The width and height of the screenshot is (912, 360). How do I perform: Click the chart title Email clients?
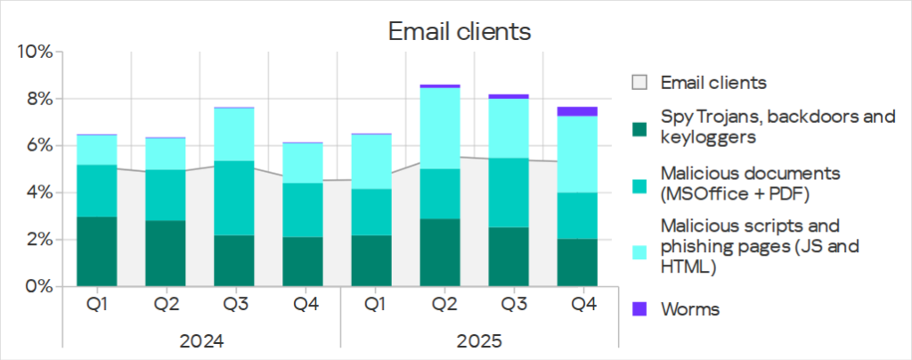(460, 32)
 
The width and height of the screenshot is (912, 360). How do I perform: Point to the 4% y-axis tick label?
(37, 193)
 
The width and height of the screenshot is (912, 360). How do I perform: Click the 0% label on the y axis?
(37, 287)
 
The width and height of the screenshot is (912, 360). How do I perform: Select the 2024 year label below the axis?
(200, 340)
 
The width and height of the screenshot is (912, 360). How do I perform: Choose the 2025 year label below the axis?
(479, 340)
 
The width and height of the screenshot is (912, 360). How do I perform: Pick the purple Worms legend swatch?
(639, 309)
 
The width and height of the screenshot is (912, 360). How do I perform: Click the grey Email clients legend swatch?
(639, 83)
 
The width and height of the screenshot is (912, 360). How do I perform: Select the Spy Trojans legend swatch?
(639, 127)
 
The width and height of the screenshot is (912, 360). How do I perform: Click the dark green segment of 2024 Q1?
(96, 251)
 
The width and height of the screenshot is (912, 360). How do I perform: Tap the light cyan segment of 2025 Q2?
(444, 128)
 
